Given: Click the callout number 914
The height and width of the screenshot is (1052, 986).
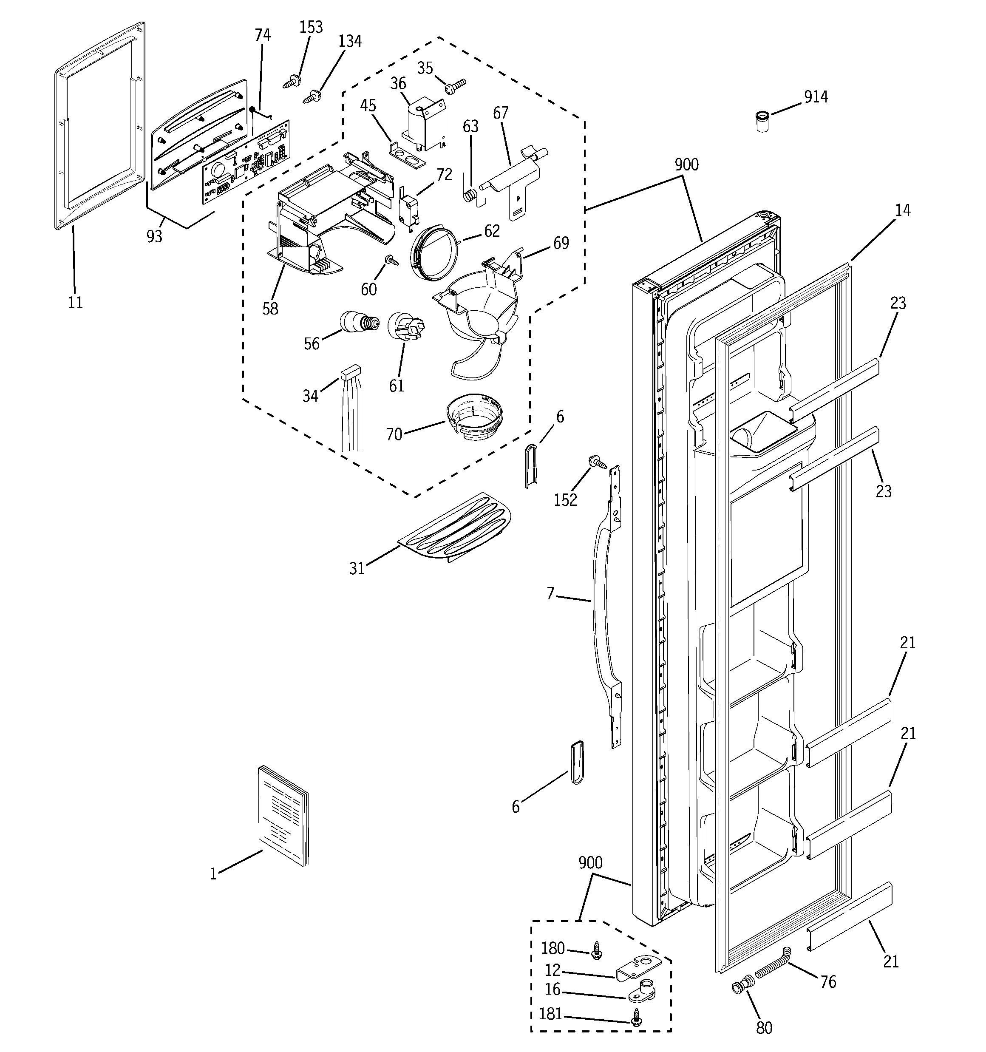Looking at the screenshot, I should pos(816,97).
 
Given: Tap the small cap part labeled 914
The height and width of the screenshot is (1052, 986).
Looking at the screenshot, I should pos(762,121).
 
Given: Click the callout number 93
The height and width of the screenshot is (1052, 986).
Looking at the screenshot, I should pos(154,237).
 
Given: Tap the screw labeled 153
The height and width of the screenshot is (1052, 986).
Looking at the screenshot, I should pos(291,82).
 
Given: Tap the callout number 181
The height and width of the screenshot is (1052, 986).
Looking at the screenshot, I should pos(550,1013).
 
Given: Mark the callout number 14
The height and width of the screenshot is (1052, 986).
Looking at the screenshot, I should pos(902,210).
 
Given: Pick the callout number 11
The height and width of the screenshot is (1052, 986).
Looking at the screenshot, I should pos(75,303).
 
